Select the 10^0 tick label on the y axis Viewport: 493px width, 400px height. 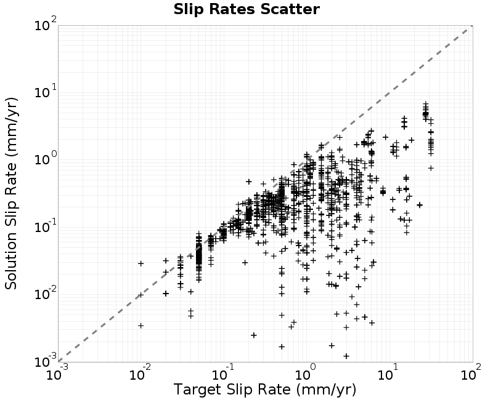tap(46, 159)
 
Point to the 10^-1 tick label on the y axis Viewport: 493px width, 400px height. tap(46, 226)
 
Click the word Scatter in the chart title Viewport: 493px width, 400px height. tap(290, 9)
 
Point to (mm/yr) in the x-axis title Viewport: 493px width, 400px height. tap(326, 390)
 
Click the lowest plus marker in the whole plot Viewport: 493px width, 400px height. tap(346, 356)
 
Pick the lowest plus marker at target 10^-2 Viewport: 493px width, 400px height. tap(141, 326)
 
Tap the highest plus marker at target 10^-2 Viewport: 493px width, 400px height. tap(141, 263)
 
